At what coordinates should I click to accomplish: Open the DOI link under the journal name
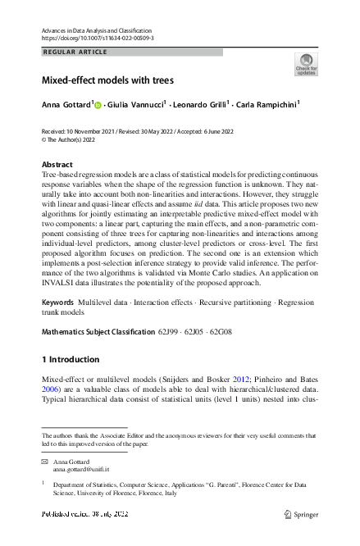point(97,39)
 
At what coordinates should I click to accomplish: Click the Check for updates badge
point(306,65)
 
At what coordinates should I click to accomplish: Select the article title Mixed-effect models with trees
point(107,81)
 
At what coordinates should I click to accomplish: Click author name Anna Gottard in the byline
point(66,105)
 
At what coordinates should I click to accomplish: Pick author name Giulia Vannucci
point(135,105)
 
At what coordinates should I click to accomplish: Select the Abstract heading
point(57,165)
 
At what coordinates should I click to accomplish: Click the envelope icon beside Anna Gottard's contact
point(45,463)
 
